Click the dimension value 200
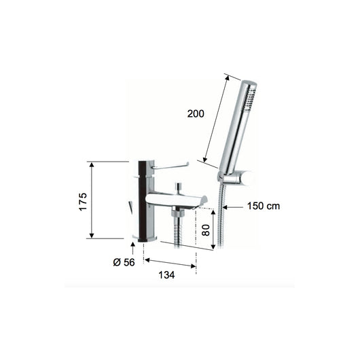click(x=195, y=114)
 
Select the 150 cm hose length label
click(x=264, y=206)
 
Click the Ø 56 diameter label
click(x=124, y=263)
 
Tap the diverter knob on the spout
click(x=180, y=186)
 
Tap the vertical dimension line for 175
click(x=91, y=200)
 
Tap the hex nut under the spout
click(x=179, y=214)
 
